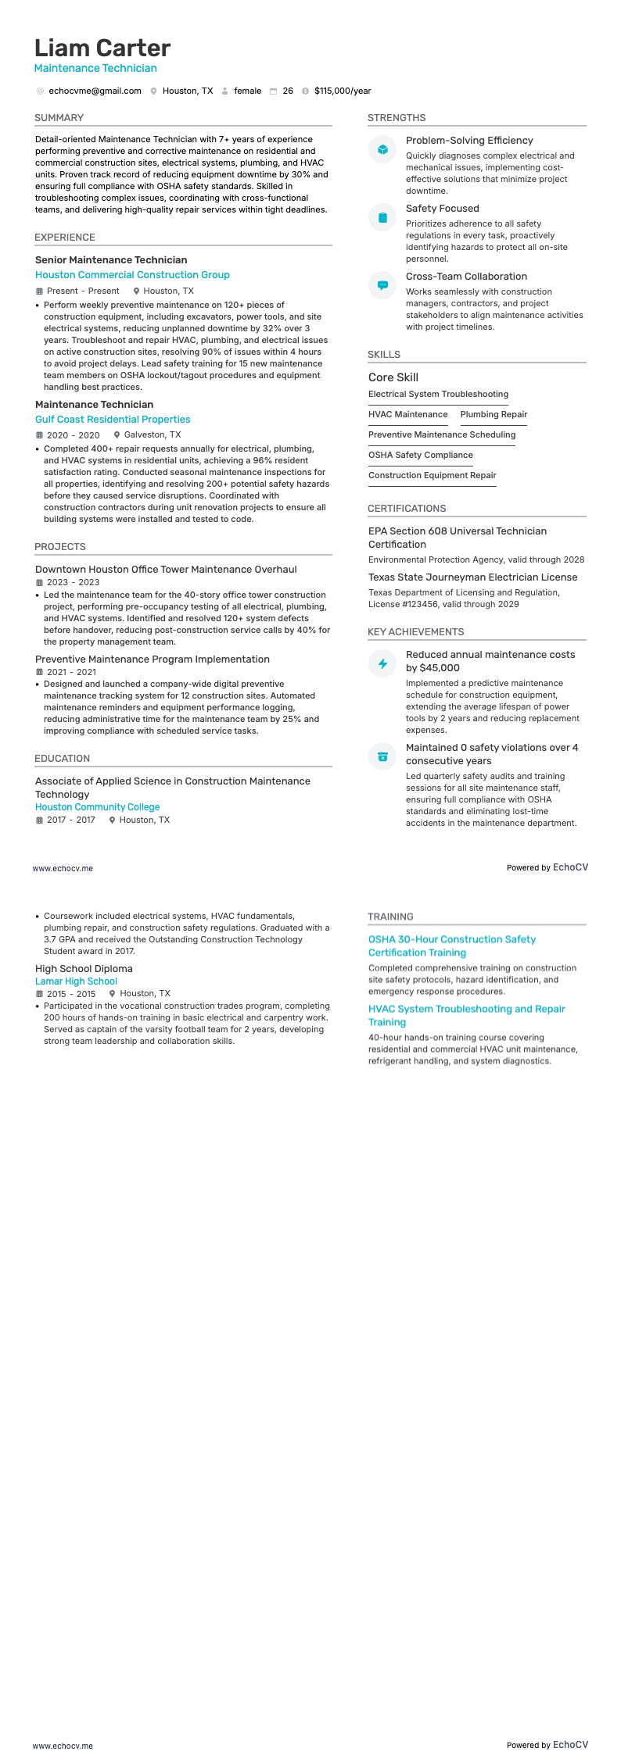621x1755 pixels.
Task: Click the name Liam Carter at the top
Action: pyautogui.click(x=102, y=48)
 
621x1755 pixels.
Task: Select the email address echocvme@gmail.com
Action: pyautogui.click(x=95, y=91)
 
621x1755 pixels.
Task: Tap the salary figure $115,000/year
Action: pyautogui.click(x=343, y=91)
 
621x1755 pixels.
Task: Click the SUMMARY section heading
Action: pyautogui.click(x=59, y=118)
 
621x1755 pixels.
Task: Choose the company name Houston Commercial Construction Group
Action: pyautogui.click(x=132, y=275)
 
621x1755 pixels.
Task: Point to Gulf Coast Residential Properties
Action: pyautogui.click(x=113, y=420)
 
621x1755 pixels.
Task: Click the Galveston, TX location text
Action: pyautogui.click(x=152, y=435)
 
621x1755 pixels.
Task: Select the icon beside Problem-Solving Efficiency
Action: pyautogui.click(x=382, y=149)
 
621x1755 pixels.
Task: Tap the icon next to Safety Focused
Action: pyautogui.click(x=382, y=217)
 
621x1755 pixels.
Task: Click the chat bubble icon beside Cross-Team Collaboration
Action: pyautogui.click(x=382, y=285)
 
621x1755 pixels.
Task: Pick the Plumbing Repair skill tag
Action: pyautogui.click(x=494, y=415)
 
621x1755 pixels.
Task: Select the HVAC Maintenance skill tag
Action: pyautogui.click(x=407, y=415)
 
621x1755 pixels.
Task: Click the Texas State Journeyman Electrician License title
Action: pyautogui.click(x=472, y=577)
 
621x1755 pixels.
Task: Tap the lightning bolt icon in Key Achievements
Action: pyautogui.click(x=382, y=663)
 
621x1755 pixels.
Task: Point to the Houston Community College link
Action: pyautogui.click(x=97, y=807)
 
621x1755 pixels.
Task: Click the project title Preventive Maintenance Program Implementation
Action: pyautogui.click(x=152, y=659)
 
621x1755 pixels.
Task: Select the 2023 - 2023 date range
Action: pyautogui.click(x=73, y=583)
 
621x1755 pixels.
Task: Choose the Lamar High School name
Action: pyautogui.click(x=76, y=981)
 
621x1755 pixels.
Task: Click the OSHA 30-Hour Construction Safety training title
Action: pyautogui.click(x=451, y=946)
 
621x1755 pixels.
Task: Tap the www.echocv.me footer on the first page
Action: pyautogui.click(x=63, y=868)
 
